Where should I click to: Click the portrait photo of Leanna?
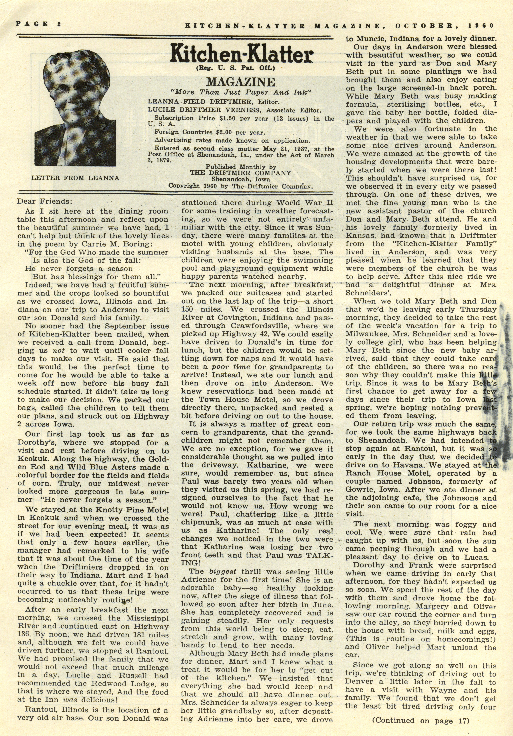[x=75, y=109]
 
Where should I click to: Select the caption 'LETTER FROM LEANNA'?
[x=75, y=178]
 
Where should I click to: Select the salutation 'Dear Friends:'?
[x=43, y=202]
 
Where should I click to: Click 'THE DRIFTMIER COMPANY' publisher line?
[x=240, y=173]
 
